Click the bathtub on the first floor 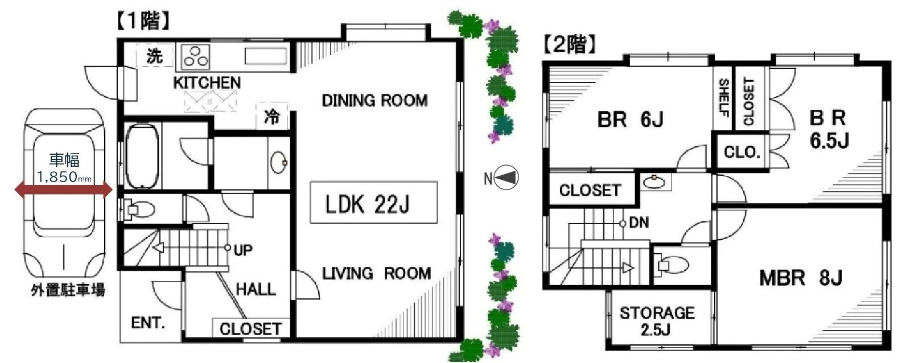pyautogui.click(x=142, y=156)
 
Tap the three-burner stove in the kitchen pyautogui.click(x=195, y=56)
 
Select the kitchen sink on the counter pyautogui.click(x=266, y=56)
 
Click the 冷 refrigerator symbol pyautogui.click(x=272, y=117)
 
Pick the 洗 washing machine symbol pyautogui.click(x=154, y=56)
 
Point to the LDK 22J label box pyautogui.click(x=374, y=203)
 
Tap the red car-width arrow pyautogui.click(x=64, y=189)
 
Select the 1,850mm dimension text pyautogui.click(x=64, y=177)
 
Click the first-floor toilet pyautogui.click(x=138, y=209)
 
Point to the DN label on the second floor pyautogui.click(x=639, y=222)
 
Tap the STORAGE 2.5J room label pyautogui.click(x=657, y=321)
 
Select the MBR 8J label pyautogui.click(x=801, y=278)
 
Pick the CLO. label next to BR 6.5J pyautogui.click(x=742, y=152)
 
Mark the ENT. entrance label pyautogui.click(x=148, y=323)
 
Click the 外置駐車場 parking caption pyautogui.click(x=68, y=290)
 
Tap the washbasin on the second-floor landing pyautogui.click(x=654, y=182)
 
